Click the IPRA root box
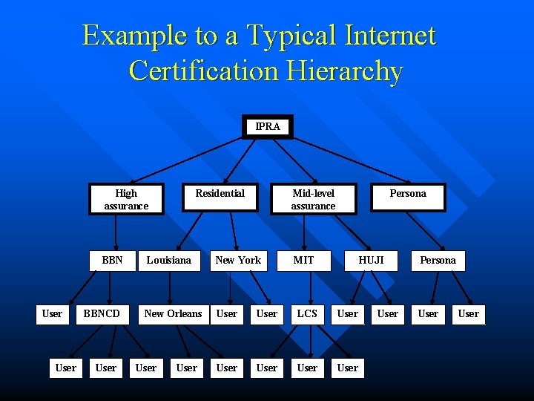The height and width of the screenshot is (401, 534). point(268,127)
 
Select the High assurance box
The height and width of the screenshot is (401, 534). point(126,199)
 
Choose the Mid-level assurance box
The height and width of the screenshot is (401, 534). point(313,199)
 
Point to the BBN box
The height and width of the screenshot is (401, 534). point(112,261)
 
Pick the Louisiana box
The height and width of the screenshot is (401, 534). point(168,261)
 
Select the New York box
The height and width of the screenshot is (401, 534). point(238,261)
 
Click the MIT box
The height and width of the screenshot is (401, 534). point(303,261)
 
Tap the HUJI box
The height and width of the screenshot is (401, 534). point(371,261)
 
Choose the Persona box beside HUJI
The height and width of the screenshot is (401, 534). point(438,261)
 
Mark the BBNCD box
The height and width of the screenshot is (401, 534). point(102,314)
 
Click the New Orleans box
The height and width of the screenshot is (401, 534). point(173,314)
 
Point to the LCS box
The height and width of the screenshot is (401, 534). point(307,314)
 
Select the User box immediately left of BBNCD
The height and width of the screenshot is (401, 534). point(52,314)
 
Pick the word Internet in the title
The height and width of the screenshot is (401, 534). point(390,35)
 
